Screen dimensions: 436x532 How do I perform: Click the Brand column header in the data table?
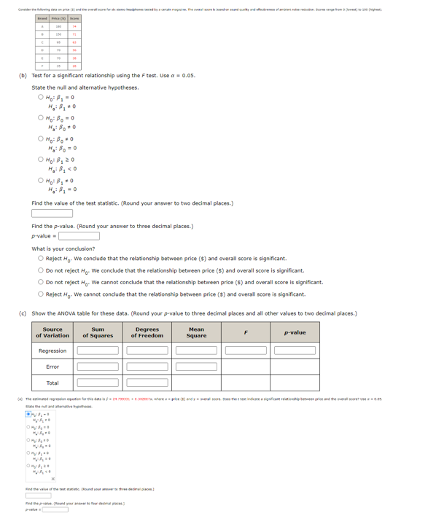[x=42, y=17]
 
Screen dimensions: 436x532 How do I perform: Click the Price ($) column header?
[x=58, y=17]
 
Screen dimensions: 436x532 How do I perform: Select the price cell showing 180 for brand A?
[x=58, y=27]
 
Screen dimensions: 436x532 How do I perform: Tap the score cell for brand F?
[x=74, y=66]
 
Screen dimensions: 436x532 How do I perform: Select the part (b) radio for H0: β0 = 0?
[x=42, y=117]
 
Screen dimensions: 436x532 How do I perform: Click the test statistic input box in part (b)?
[x=52, y=214]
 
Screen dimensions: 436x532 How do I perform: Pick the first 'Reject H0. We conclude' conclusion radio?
[x=42, y=259]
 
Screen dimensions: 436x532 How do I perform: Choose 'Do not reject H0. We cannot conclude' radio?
[x=42, y=282]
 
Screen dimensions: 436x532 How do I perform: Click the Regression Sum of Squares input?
[x=98, y=351]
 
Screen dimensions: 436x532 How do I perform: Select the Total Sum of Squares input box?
[x=98, y=383]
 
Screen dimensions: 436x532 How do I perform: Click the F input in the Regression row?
[x=246, y=351]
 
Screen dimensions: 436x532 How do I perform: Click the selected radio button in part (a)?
[x=28, y=415]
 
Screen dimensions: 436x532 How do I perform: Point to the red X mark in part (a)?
[x=52, y=480]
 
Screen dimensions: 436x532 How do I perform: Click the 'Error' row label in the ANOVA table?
[x=52, y=367]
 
